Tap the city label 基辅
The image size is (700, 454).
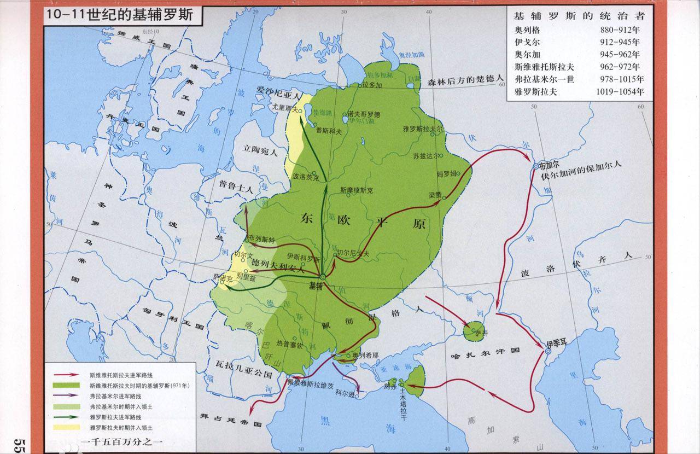(317, 286)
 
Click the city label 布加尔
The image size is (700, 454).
(549, 165)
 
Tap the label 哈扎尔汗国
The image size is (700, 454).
(485, 351)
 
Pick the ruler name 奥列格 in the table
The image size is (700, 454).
(527, 29)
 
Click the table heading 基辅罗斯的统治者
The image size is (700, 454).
(580, 15)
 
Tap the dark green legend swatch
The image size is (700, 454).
(66, 386)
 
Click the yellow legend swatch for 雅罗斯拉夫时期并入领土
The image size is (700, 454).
(66, 427)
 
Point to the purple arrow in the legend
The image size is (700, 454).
(66, 396)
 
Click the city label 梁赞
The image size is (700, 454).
(435, 195)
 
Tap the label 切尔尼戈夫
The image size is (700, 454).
(353, 253)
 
